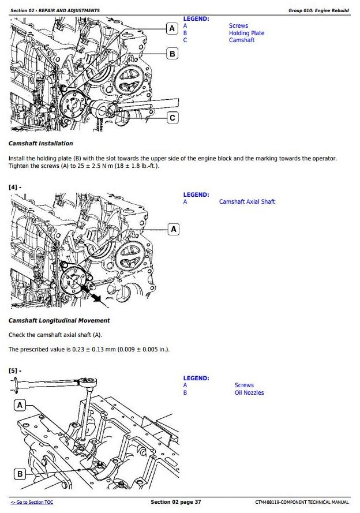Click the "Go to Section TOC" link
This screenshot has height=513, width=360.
32,502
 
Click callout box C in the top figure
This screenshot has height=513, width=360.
172,118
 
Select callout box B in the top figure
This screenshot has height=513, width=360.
172,54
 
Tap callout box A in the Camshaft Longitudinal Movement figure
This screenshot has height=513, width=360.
174,229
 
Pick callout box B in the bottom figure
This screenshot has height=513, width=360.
20,474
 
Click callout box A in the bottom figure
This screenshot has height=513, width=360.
20,406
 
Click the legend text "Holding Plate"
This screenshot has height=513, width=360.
246,33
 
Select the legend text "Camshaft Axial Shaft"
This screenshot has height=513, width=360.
247,202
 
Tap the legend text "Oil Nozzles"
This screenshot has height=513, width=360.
249,393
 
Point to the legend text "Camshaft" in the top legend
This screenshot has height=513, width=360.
241,40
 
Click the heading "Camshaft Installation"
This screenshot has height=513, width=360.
41,143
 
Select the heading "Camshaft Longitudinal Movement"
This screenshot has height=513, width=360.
59,320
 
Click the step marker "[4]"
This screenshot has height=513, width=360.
14,187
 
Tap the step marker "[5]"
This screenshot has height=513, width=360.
14,370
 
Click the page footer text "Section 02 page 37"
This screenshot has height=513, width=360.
176,502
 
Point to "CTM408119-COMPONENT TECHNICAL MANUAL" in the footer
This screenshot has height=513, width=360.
302,502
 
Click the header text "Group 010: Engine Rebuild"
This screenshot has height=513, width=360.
318,10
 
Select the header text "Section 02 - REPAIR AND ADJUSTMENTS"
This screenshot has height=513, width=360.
55,10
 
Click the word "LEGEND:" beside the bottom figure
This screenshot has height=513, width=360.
196,379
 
